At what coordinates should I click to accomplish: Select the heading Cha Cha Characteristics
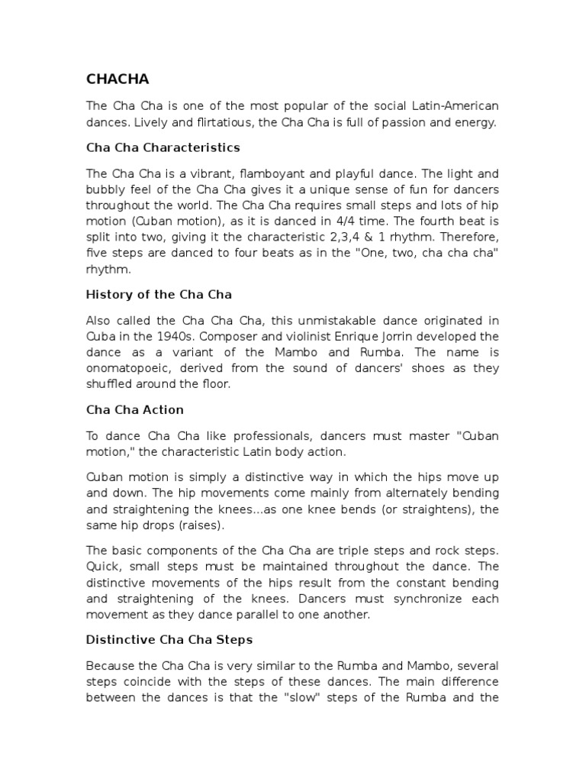coord(163,147)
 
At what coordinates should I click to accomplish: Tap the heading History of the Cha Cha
coord(159,294)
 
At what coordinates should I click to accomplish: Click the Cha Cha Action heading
coord(135,409)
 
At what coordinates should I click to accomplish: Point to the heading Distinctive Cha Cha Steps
coord(169,638)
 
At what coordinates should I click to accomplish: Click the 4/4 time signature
coord(332,221)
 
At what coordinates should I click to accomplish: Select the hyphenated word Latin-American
coord(452,106)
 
